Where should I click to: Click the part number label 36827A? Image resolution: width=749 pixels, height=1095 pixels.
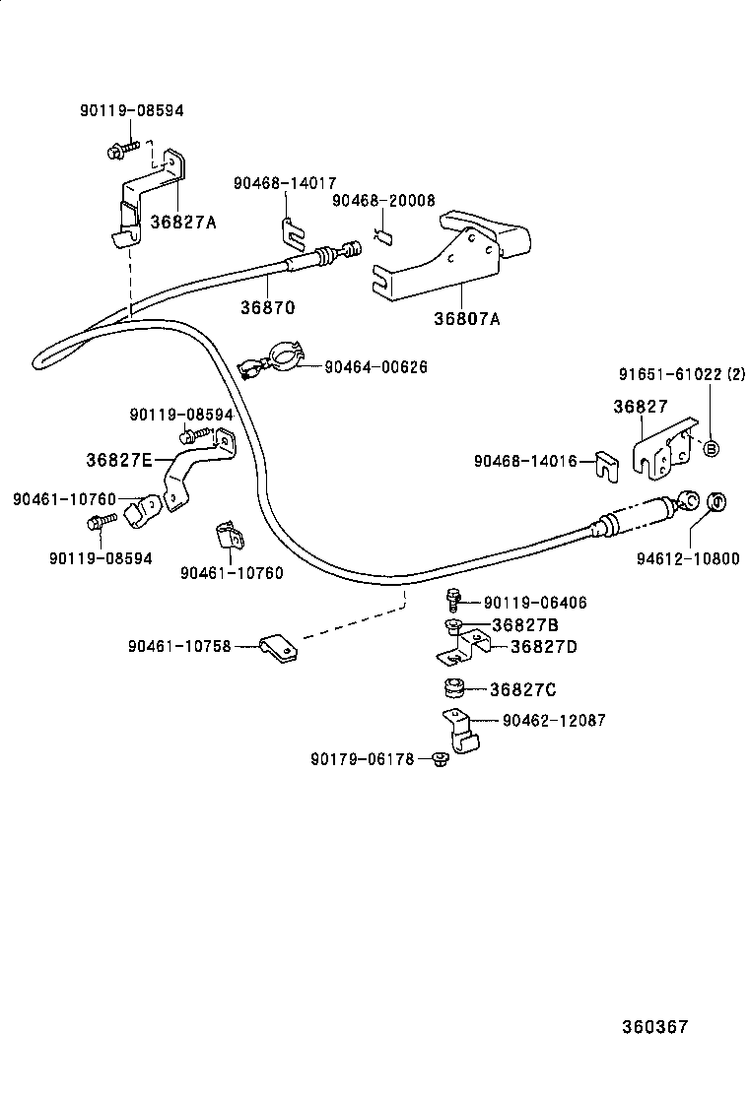[x=183, y=222]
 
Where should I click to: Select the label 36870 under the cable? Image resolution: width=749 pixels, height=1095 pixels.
[x=267, y=307]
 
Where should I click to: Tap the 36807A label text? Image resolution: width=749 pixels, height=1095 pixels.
[x=466, y=319]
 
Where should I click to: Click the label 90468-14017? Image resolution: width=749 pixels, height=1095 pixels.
[x=285, y=183]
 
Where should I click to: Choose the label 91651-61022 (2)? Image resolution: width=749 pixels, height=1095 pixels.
[x=684, y=374]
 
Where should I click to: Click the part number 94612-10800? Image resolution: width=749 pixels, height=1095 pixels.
[x=687, y=558]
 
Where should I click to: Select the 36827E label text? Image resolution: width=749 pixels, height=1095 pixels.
[x=119, y=459]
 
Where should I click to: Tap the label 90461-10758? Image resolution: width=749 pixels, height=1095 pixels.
[x=178, y=646]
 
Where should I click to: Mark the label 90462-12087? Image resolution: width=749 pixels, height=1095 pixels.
[x=554, y=721]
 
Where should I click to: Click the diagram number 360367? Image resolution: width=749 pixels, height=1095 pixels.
[x=654, y=1026]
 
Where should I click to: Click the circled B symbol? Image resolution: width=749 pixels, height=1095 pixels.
[x=712, y=448]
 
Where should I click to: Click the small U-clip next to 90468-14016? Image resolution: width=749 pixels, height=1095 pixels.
[x=605, y=463]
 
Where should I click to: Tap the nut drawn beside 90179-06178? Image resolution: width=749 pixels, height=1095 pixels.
[x=440, y=758]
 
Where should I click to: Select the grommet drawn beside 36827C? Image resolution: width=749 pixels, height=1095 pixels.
[x=453, y=686]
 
